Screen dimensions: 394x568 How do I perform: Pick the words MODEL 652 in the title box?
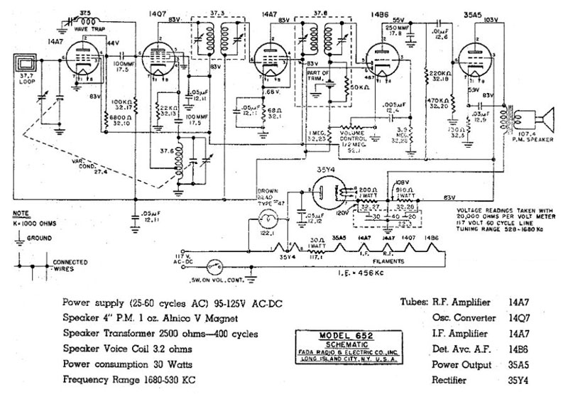click(x=330, y=334)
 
